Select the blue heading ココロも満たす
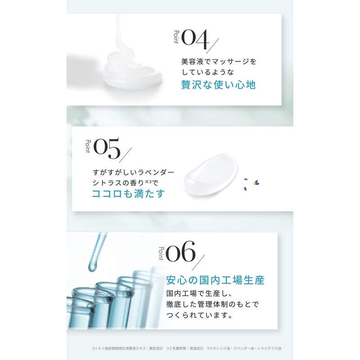128,194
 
